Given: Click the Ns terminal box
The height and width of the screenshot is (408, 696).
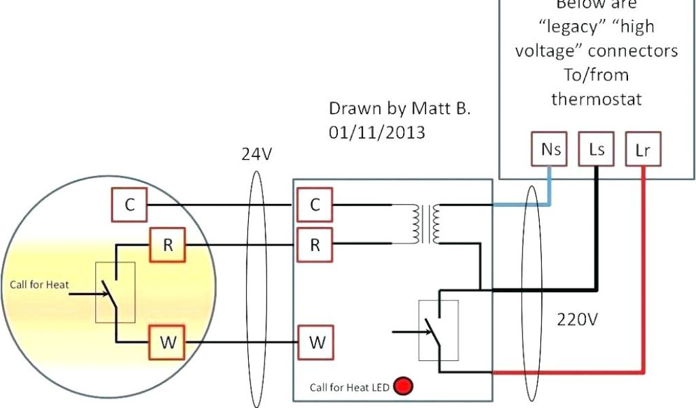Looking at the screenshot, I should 551,150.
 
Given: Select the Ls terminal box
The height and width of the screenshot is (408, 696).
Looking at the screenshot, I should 597,150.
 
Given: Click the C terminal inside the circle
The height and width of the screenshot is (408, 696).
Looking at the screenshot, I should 129,205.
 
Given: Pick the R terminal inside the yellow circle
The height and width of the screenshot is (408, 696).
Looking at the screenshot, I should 168,245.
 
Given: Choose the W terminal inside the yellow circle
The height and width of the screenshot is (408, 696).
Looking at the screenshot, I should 167,343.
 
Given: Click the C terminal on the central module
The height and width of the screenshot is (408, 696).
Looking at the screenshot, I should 315,205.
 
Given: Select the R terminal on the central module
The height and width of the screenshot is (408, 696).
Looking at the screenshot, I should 315,245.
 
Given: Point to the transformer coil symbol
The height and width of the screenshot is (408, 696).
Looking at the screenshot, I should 425,224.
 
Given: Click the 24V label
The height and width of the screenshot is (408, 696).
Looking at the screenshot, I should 256,154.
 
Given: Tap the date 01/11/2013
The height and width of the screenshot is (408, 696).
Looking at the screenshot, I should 377,132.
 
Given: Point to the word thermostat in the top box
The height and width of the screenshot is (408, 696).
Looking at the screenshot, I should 596,99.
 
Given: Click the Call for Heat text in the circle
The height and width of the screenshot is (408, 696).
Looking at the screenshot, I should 39,284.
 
